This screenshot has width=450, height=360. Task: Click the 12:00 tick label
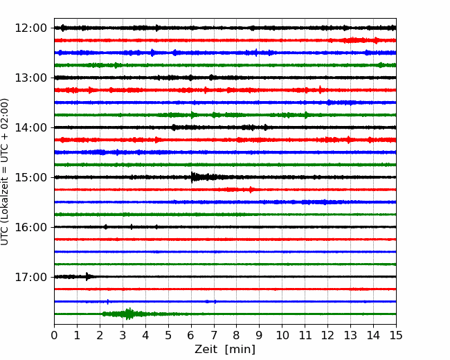[30, 28]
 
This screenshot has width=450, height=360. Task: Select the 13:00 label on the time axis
[30, 78]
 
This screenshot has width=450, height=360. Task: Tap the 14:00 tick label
[30, 127]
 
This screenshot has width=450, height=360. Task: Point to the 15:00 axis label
[30, 177]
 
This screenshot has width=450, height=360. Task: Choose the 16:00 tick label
[30, 227]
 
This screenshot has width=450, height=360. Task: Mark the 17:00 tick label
[30, 277]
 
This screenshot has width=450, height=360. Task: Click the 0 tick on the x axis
[54, 335]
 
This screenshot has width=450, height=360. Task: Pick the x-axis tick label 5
[168, 335]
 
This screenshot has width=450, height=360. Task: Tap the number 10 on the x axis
[282, 335]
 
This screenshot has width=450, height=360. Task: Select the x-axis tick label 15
[396, 335]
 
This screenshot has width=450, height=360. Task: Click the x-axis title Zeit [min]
[225, 350]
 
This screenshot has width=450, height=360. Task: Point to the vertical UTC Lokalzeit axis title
[4, 172]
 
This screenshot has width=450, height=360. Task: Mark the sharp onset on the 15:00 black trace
[192, 177]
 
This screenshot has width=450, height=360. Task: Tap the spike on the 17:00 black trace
[87, 276]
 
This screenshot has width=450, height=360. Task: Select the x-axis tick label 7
[214, 335]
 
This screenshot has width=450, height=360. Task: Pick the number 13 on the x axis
[350, 335]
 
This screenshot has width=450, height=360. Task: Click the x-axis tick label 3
[123, 335]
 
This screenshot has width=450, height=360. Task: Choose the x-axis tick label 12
[327, 335]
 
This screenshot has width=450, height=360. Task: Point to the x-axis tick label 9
[260, 335]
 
